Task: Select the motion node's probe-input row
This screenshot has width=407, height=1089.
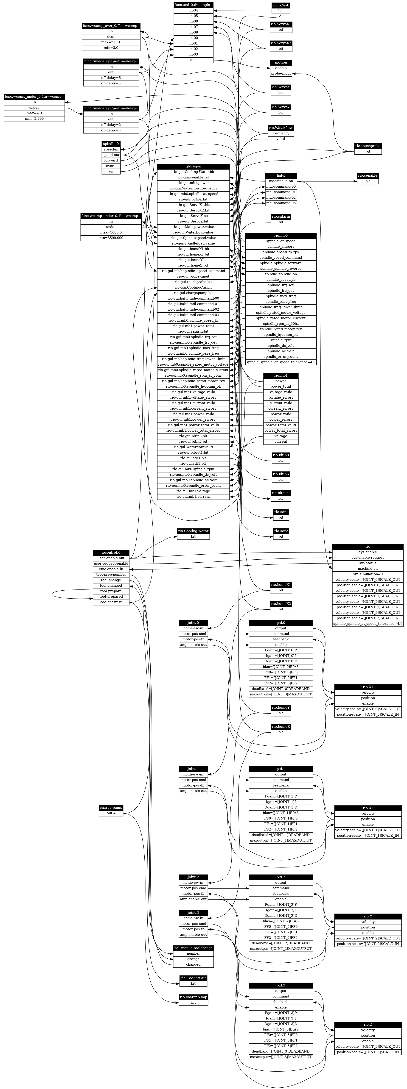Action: (x=281, y=74)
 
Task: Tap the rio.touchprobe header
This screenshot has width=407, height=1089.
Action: (x=368, y=146)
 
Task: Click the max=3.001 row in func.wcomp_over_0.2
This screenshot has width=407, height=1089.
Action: (x=111, y=42)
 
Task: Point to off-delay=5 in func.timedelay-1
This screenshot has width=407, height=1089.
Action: (x=111, y=78)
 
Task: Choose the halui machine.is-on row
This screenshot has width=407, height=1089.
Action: (x=281, y=181)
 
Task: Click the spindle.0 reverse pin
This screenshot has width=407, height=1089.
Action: (x=111, y=166)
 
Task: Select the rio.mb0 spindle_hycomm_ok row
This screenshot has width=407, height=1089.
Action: (x=281, y=335)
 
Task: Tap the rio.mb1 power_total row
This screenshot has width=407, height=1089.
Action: (x=281, y=386)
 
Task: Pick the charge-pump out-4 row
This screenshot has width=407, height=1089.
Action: (x=111, y=813)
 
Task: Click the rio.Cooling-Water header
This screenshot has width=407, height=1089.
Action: (x=193, y=531)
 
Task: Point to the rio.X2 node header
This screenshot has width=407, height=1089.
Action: (x=368, y=808)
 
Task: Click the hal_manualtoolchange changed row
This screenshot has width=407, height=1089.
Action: (x=193, y=964)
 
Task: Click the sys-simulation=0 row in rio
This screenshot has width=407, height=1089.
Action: (x=368, y=574)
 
